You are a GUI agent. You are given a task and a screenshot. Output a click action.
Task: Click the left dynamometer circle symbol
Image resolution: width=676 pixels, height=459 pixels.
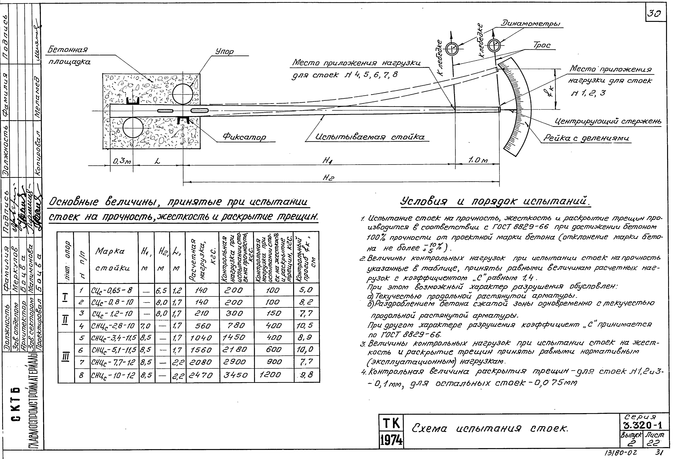click(452, 50)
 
